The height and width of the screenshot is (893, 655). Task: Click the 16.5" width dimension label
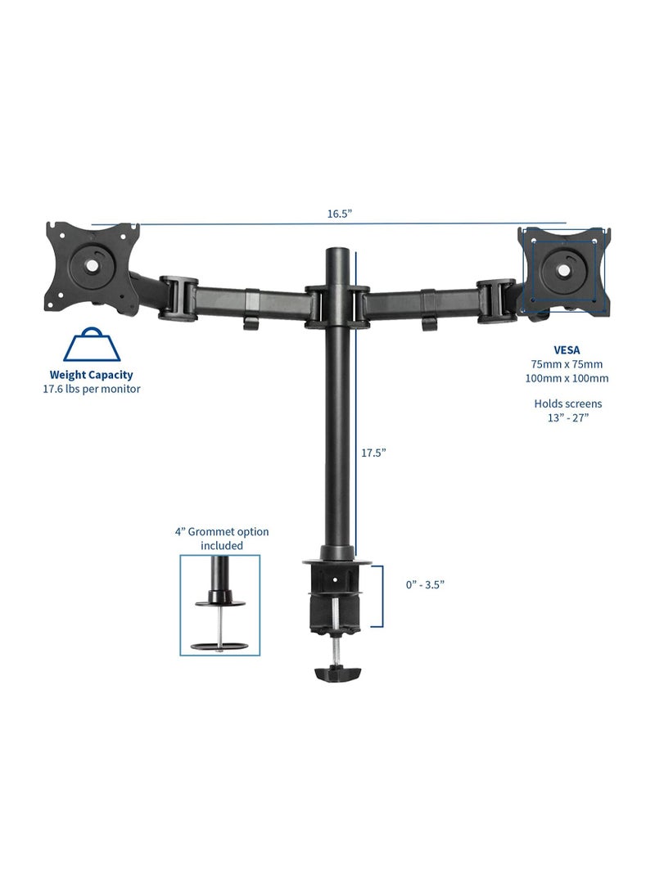pyautogui.click(x=339, y=214)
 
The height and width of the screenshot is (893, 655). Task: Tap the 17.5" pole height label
pyautogui.click(x=373, y=452)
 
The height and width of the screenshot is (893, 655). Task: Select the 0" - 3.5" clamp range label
pyautogui.click(x=425, y=584)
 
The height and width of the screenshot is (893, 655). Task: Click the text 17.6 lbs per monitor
pyautogui.click(x=92, y=389)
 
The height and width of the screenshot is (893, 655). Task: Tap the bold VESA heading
pyautogui.click(x=567, y=350)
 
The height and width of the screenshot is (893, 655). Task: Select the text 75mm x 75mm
pyautogui.click(x=567, y=363)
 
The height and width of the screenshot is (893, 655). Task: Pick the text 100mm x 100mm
pyautogui.click(x=567, y=377)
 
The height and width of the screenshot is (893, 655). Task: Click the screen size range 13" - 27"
pyautogui.click(x=567, y=417)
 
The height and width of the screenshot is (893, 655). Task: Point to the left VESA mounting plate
pyautogui.click(x=92, y=268)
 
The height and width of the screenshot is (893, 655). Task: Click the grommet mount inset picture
pyautogui.click(x=219, y=606)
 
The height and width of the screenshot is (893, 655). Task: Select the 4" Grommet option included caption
pyautogui.click(x=221, y=539)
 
